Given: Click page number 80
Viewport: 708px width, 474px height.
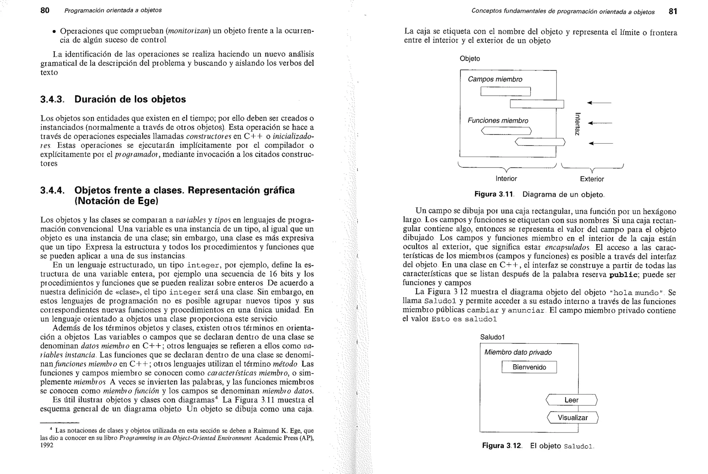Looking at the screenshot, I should [x=45, y=10].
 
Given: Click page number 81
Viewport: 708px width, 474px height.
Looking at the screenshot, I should [x=673, y=11].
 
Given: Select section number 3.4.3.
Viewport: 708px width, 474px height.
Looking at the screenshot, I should [x=52, y=99].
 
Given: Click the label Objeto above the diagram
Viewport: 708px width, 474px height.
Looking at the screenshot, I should [x=469, y=59].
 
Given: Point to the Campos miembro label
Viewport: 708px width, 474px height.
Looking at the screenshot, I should [x=495, y=79].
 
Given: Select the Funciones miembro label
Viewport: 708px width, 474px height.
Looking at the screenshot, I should [x=498, y=121].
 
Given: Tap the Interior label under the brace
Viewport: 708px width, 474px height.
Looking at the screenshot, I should [x=506, y=179].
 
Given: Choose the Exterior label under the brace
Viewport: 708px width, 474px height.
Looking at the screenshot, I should [x=592, y=179].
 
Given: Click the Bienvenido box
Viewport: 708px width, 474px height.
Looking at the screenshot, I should [x=529, y=367].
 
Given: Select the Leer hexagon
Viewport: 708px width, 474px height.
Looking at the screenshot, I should [x=571, y=400].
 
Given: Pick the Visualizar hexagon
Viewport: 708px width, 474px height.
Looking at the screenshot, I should [x=572, y=418].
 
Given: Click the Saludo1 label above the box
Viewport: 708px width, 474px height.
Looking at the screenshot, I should [x=493, y=337].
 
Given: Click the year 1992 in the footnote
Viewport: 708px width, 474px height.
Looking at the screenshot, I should [x=47, y=445].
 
